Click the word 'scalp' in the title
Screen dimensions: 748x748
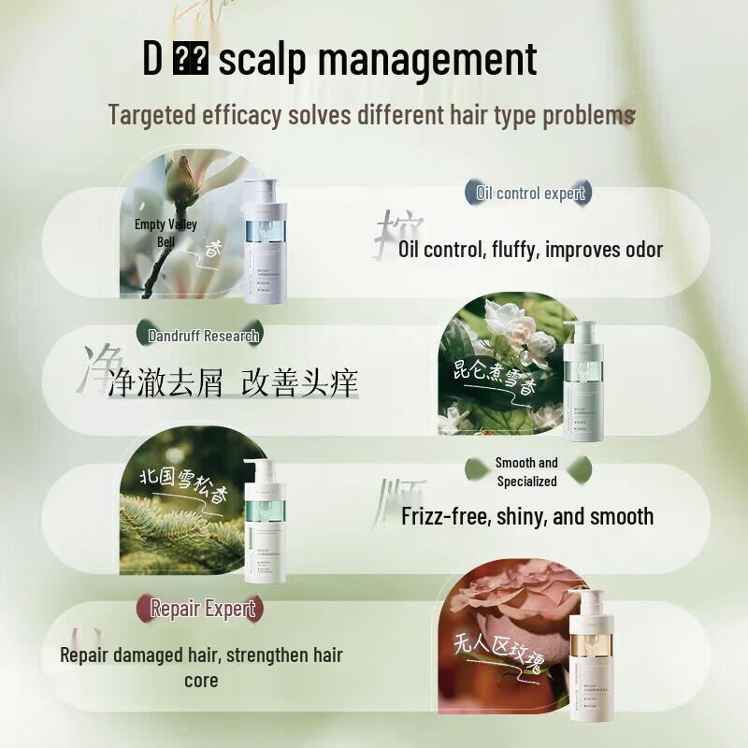(265, 60)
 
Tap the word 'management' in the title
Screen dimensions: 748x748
(428, 60)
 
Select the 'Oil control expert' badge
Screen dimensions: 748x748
(530, 194)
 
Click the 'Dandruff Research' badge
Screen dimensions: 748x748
(204, 335)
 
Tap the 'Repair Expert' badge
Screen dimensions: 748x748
(203, 609)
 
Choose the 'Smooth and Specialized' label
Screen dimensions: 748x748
(526, 472)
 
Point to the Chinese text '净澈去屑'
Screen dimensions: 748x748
(165, 383)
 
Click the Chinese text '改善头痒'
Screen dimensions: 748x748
(299, 383)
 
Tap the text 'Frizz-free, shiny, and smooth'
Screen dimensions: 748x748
(527, 516)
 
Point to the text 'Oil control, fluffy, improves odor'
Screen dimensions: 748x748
(530, 250)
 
